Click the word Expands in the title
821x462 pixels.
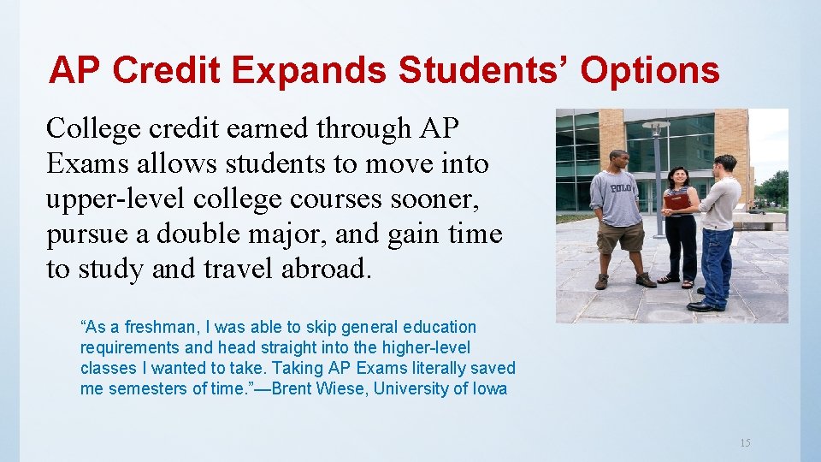[310, 71]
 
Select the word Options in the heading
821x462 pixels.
[650, 71]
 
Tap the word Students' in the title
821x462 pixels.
[486, 71]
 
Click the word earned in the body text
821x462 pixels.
[262, 128]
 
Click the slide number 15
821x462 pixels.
[745, 442]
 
